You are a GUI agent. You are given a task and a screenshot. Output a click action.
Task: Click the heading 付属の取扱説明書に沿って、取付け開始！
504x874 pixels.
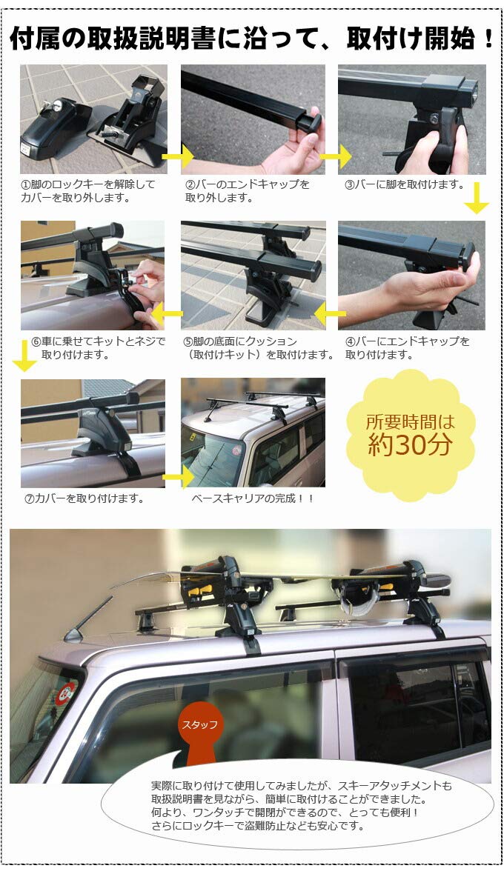pyautogui.click(x=252, y=39)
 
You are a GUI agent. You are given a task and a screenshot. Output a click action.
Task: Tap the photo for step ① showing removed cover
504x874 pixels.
pyautogui.click(x=93, y=119)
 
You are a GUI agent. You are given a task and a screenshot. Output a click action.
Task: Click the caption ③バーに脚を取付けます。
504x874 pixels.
pyautogui.click(x=404, y=184)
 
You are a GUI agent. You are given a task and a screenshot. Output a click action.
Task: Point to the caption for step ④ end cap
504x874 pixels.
pyautogui.click(x=407, y=348)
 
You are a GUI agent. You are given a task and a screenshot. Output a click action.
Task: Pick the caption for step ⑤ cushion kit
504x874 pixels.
pyautogui.click(x=256, y=348)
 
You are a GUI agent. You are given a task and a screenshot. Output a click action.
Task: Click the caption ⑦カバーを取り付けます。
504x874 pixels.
pyautogui.click(x=84, y=498)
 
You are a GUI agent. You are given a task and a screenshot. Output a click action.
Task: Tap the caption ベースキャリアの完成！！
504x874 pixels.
pyautogui.click(x=253, y=498)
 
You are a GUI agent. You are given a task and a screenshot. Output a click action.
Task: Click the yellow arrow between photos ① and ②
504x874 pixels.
pyautogui.click(x=178, y=156)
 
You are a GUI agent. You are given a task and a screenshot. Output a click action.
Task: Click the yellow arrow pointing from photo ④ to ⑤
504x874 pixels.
pyautogui.click(x=327, y=316)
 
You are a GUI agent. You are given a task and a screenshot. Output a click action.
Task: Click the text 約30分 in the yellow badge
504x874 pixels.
pyautogui.click(x=411, y=444)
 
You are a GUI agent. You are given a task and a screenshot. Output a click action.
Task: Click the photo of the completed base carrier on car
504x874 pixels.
pyautogui.click(x=253, y=433)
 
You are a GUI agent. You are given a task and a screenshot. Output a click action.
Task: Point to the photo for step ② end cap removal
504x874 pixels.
pyautogui.click(x=253, y=119)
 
